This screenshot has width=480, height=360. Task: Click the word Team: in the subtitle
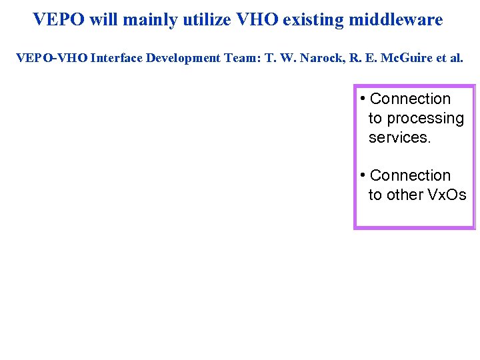(242, 58)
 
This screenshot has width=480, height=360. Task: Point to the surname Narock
(321, 58)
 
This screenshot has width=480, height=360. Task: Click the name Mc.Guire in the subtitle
(403, 58)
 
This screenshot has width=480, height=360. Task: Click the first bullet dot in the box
(361, 99)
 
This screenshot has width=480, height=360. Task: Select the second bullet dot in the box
(361, 176)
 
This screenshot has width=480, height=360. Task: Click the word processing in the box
(424, 119)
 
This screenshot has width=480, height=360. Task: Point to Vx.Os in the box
(447, 195)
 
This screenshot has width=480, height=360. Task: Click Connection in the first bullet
(410, 99)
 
